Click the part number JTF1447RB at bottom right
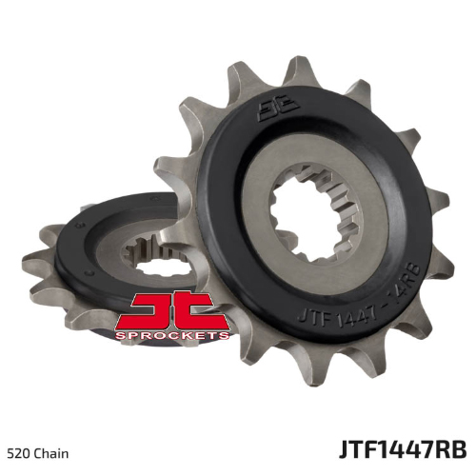(403, 449)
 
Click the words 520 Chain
(37, 454)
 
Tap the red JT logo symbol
(172, 311)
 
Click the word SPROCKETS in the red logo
(172, 335)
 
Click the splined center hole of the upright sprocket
(314, 212)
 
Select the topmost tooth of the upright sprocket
(300, 70)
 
